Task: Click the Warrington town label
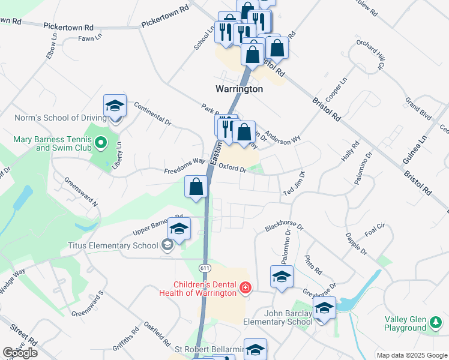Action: [x=239, y=89]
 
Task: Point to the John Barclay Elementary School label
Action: [x=277, y=317]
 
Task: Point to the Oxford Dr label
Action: [x=232, y=168]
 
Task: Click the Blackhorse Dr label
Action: [x=285, y=225]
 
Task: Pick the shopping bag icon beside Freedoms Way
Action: [x=196, y=187]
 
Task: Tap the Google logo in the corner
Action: [x=20, y=352]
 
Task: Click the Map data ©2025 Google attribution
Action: [x=412, y=355]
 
